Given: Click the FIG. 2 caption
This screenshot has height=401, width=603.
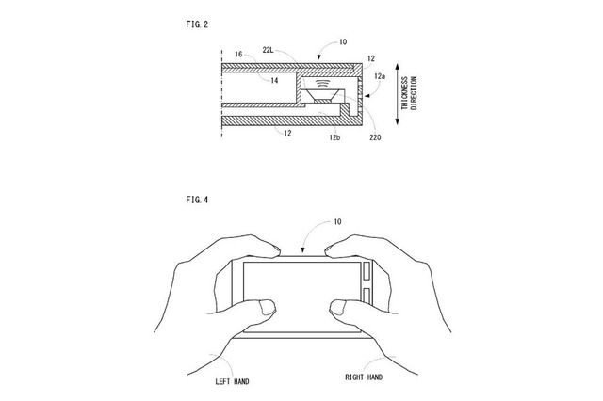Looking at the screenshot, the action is pyautogui.click(x=197, y=24).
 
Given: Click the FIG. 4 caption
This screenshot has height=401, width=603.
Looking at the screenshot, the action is pyautogui.click(x=197, y=200).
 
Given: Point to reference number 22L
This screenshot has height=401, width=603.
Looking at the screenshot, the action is pyautogui.click(x=268, y=50).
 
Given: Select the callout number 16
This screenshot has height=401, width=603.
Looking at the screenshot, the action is pyautogui.click(x=238, y=55).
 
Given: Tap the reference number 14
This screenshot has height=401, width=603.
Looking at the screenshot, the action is pyautogui.click(x=274, y=81).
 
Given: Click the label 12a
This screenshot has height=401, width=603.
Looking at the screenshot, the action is pyautogui.click(x=379, y=76).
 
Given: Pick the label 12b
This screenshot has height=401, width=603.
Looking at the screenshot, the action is pyautogui.click(x=334, y=137).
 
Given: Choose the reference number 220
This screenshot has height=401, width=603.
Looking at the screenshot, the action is pyautogui.click(x=375, y=137).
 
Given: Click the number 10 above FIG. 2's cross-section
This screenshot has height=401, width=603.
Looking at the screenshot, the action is pyautogui.click(x=343, y=41).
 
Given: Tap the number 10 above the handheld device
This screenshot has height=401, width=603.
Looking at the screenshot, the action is pyautogui.click(x=337, y=221).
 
